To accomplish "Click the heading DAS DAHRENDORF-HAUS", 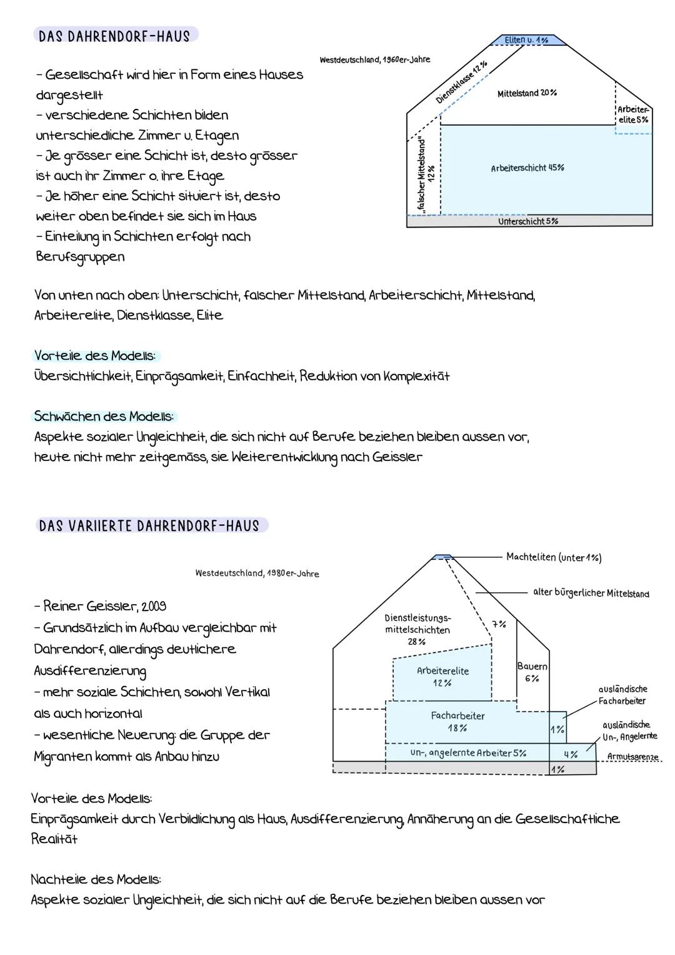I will click(x=114, y=36).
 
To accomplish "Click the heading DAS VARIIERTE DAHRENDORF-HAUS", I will click(x=149, y=525).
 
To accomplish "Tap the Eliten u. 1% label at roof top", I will click(x=526, y=40).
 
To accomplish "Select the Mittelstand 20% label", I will click(x=527, y=93).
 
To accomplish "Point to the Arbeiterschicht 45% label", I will click(x=527, y=168).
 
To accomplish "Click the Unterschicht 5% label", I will click(x=527, y=221).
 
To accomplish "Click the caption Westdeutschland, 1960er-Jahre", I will click(x=374, y=59).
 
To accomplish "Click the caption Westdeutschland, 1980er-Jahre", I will click(x=257, y=573).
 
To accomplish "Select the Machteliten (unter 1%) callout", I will click(x=554, y=557).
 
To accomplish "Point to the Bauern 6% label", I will click(x=532, y=672).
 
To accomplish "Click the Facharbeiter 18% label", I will click(x=457, y=722).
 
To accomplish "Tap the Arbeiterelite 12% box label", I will click(x=442, y=676).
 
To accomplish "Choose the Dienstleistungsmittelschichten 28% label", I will click(x=417, y=629).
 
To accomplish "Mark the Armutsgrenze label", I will click(x=632, y=757).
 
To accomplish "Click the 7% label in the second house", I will click(x=499, y=624).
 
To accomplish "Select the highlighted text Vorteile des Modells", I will click(x=95, y=356).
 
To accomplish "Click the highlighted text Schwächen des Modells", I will click(x=104, y=416).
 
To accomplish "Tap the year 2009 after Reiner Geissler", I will click(x=154, y=606).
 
